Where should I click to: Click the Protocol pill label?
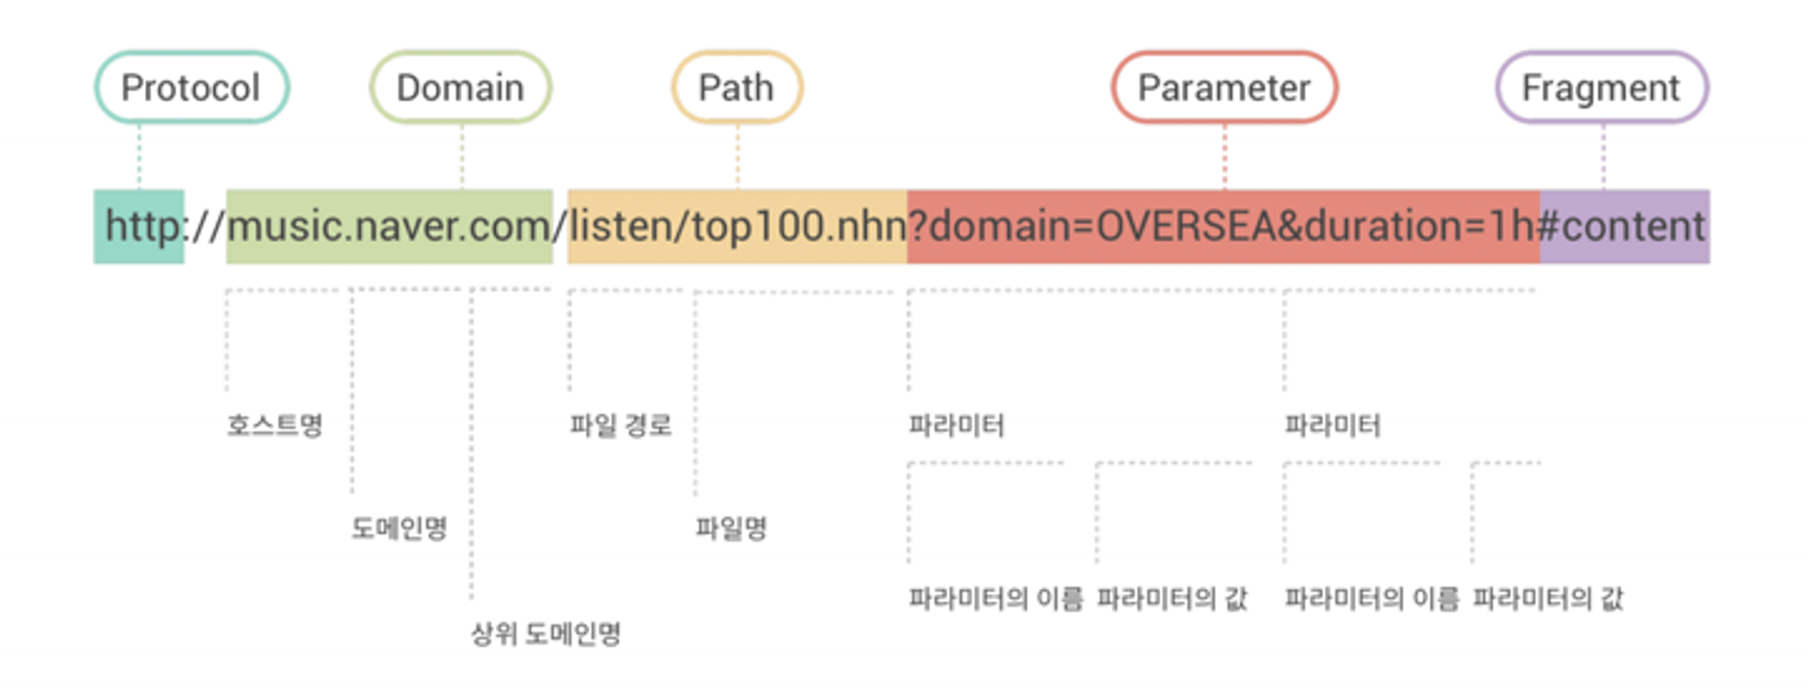click(x=191, y=88)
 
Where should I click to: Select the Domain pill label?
click(x=461, y=88)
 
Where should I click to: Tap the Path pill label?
click(x=737, y=88)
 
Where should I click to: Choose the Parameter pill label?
click(x=1223, y=88)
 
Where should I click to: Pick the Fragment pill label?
click(x=1601, y=88)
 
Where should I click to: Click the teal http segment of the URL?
click(x=140, y=227)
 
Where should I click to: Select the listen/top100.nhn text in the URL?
click(x=737, y=227)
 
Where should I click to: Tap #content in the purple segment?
click(x=1623, y=227)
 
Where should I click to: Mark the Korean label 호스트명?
click(x=275, y=425)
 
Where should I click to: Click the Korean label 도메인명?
click(x=399, y=528)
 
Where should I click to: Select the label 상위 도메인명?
click(x=546, y=634)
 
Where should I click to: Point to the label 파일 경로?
click(x=620, y=425)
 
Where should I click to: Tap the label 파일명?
click(x=731, y=528)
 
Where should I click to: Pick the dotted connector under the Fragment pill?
click(x=1603, y=156)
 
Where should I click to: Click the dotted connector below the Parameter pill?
click(x=1224, y=156)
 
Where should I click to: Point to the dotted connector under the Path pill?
click(x=738, y=156)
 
